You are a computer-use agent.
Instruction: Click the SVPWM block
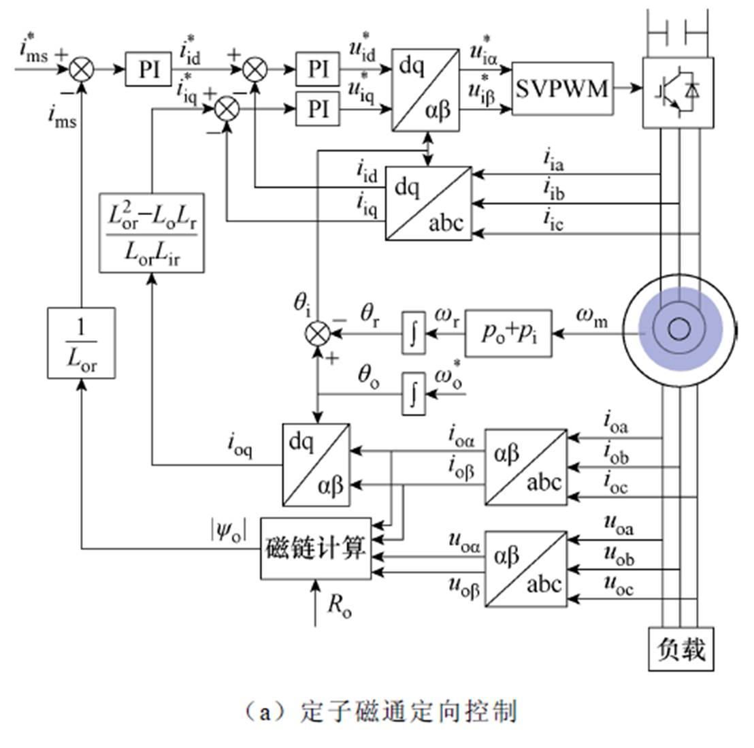point(561,88)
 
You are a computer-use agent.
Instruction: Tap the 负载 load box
point(681,648)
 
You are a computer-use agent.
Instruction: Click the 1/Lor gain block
point(82,342)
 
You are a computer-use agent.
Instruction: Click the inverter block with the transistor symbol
point(678,92)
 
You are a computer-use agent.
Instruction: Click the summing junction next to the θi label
point(318,334)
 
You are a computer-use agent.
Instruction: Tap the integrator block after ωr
point(413,332)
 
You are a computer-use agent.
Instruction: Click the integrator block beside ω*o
point(413,393)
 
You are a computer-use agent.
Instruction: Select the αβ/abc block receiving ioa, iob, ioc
point(525,466)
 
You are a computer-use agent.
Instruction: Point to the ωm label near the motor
point(591,316)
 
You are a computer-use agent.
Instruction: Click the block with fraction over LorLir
point(152,232)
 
